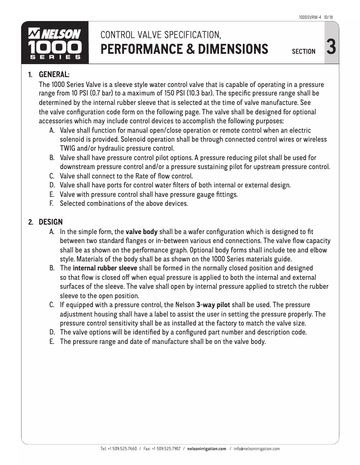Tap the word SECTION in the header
pos(303,52)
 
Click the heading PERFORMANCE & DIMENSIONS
pos(184,48)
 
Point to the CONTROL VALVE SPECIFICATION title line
pos(161,35)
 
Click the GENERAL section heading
pos(54,74)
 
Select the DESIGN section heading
pos(51,222)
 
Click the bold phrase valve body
pos(141,232)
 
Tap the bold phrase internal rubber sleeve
pos(105,268)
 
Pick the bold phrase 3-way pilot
pos(213,305)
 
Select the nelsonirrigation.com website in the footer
pos(206,448)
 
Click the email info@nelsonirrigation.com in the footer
pos(257,448)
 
